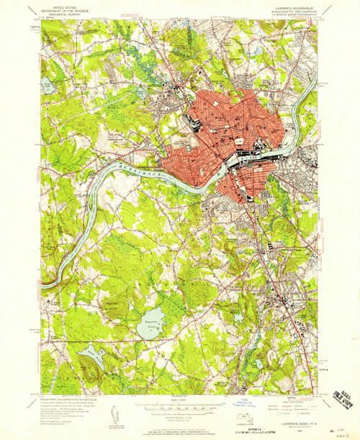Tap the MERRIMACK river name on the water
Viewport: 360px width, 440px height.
pos(134,166)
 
